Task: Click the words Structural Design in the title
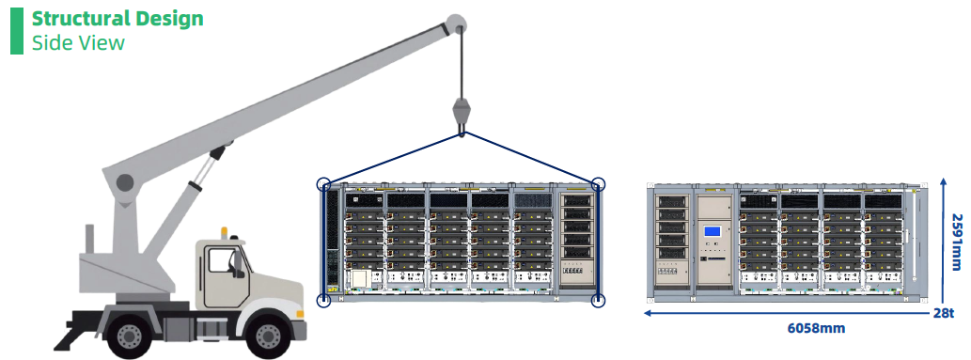point(117,19)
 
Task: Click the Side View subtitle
point(78,42)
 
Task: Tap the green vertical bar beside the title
point(17,31)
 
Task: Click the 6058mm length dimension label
point(816,328)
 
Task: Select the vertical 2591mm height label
point(957,242)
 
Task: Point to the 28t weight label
point(944,313)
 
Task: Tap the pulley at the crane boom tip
point(456,23)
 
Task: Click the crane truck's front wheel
point(268,337)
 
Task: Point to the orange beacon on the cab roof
point(224,232)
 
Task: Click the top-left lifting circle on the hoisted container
point(324,184)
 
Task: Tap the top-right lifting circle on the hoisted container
point(598,184)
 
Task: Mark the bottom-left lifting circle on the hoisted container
point(324,301)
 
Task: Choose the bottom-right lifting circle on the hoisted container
point(598,301)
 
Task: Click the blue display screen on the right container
point(713,232)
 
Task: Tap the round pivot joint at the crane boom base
point(125,182)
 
